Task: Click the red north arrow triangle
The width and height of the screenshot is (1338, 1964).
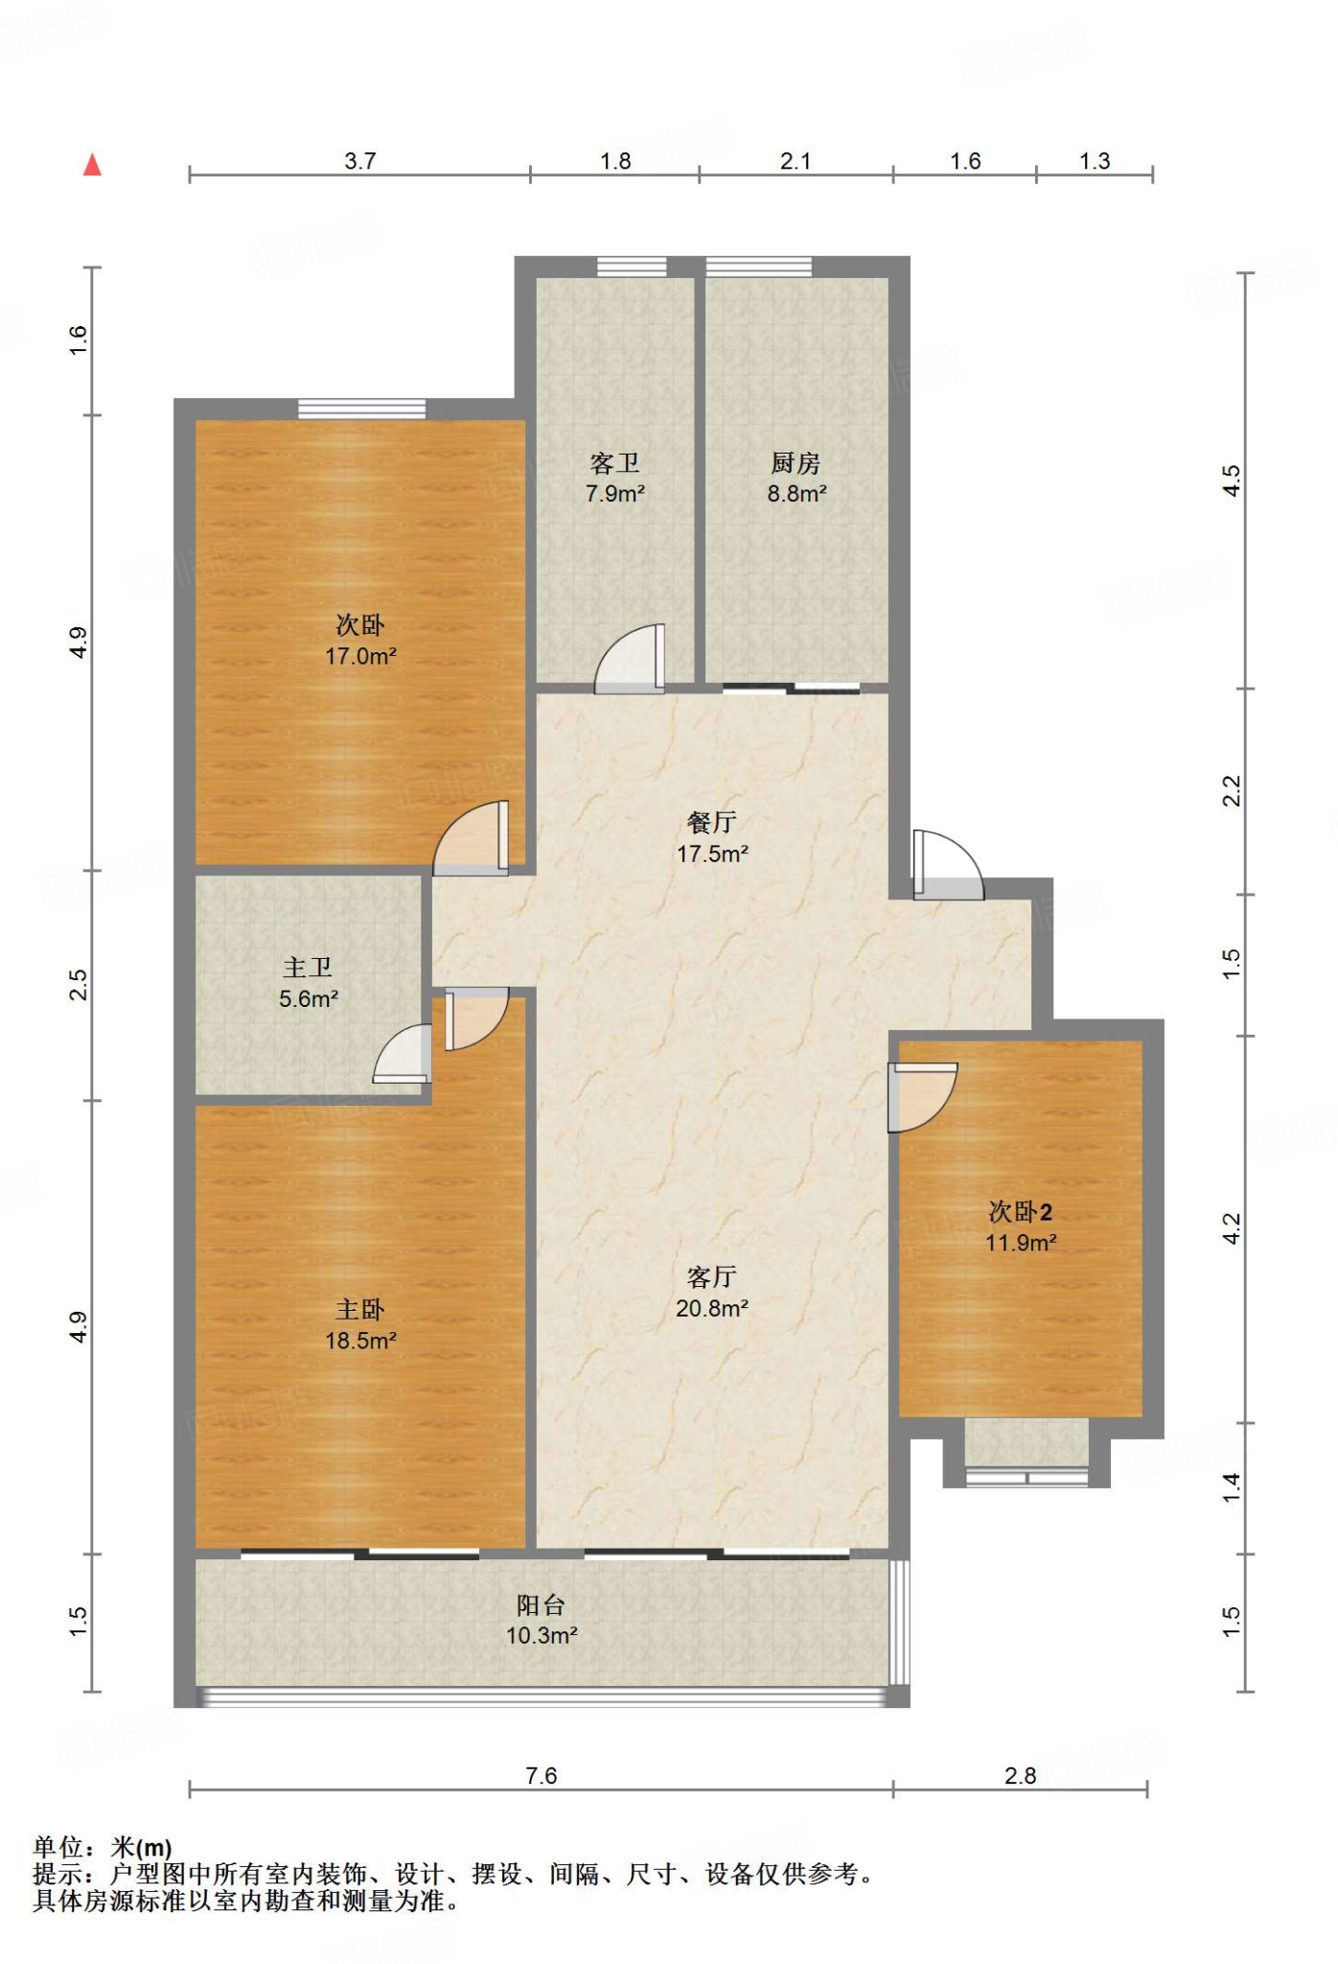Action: click(x=92, y=165)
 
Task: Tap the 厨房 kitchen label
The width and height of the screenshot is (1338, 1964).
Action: click(x=796, y=463)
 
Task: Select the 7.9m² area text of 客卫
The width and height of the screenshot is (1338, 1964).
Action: click(x=615, y=494)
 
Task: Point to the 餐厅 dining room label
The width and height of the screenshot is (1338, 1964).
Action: click(x=712, y=822)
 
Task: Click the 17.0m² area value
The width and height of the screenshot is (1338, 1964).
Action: click(x=360, y=656)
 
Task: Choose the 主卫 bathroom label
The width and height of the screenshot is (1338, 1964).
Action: click(x=308, y=967)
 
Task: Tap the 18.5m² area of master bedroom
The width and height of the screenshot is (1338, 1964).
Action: click(x=360, y=1340)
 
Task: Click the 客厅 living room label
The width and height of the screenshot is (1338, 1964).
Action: click(x=712, y=1276)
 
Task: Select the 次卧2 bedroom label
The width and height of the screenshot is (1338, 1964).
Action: click(x=1021, y=1211)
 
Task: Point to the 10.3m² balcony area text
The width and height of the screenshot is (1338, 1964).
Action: click(x=542, y=1635)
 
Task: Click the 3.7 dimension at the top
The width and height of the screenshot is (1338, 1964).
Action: click(x=360, y=160)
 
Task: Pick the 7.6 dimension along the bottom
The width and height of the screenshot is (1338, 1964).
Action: click(x=542, y=1775)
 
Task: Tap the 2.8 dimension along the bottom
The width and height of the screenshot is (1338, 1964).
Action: click(x=1021, y=1775)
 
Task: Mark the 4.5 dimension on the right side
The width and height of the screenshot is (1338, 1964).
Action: click(x=1232, y=479)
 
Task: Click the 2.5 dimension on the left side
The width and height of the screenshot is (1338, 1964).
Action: click(x=78, y=985)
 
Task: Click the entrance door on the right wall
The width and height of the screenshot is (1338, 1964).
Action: click(x=948, y=865)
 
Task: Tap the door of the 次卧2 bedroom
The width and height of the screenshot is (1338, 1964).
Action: click(x=923, y=1097)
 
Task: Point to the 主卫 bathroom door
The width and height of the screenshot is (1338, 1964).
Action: click(x=403, y=1054)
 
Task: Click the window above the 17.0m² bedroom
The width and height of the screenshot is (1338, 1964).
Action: click(x=361, y=409)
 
